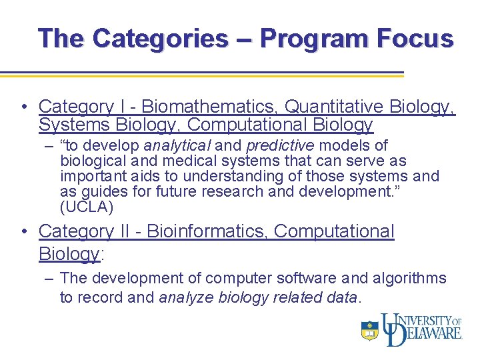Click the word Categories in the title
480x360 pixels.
tap(160, 38)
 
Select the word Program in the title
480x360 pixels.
tap(306, 38)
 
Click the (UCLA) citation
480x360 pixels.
tap(87, 207)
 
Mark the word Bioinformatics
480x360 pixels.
tap(207, 231)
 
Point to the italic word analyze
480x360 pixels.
tap(186, 297)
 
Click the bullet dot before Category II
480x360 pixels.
tap(24, 231)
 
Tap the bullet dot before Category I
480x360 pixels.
tap(24, 107)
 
